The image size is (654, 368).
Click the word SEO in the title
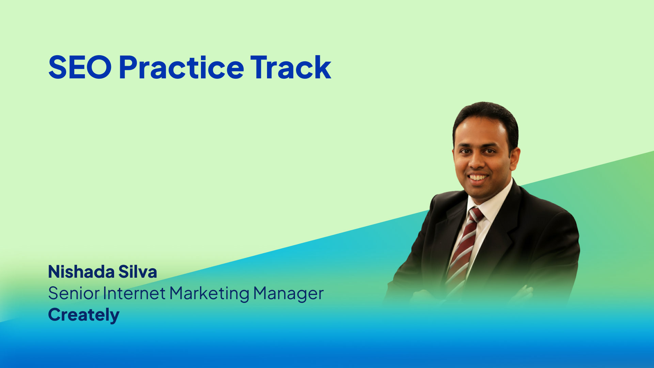click(x=80, y=67)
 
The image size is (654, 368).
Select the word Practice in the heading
click(x=182, y=67)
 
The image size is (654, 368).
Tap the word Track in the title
click(x=291, y=67)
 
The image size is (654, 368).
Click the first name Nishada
click(x=81, y=272)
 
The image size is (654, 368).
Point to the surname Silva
click(x=138, y=272)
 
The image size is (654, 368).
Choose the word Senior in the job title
click(x=74, y=293)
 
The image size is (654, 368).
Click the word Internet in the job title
click(x=134, y=293)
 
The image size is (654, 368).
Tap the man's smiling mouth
click(x=478, y=178)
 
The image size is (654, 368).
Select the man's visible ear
click(x=515, y=159)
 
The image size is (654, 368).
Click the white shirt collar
click(x=490, y=204)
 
